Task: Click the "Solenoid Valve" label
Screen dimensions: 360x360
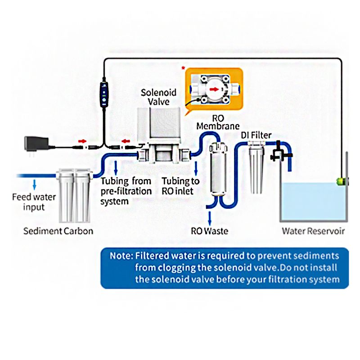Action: tap(158, 97)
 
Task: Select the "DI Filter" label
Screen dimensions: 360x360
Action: tap(255, 135)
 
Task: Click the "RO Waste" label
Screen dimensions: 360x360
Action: tap(209, 231)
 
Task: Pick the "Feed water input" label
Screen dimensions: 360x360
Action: tap(34, 202)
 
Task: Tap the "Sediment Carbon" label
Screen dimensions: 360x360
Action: tap(58, 231)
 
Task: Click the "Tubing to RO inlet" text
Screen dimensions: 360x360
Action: tap(180, 186)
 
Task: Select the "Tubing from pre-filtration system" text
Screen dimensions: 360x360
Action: tap(126, 191)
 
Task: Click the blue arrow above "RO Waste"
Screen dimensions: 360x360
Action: tap(209, 218)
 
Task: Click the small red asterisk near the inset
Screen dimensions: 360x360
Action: tap(183, 68)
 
